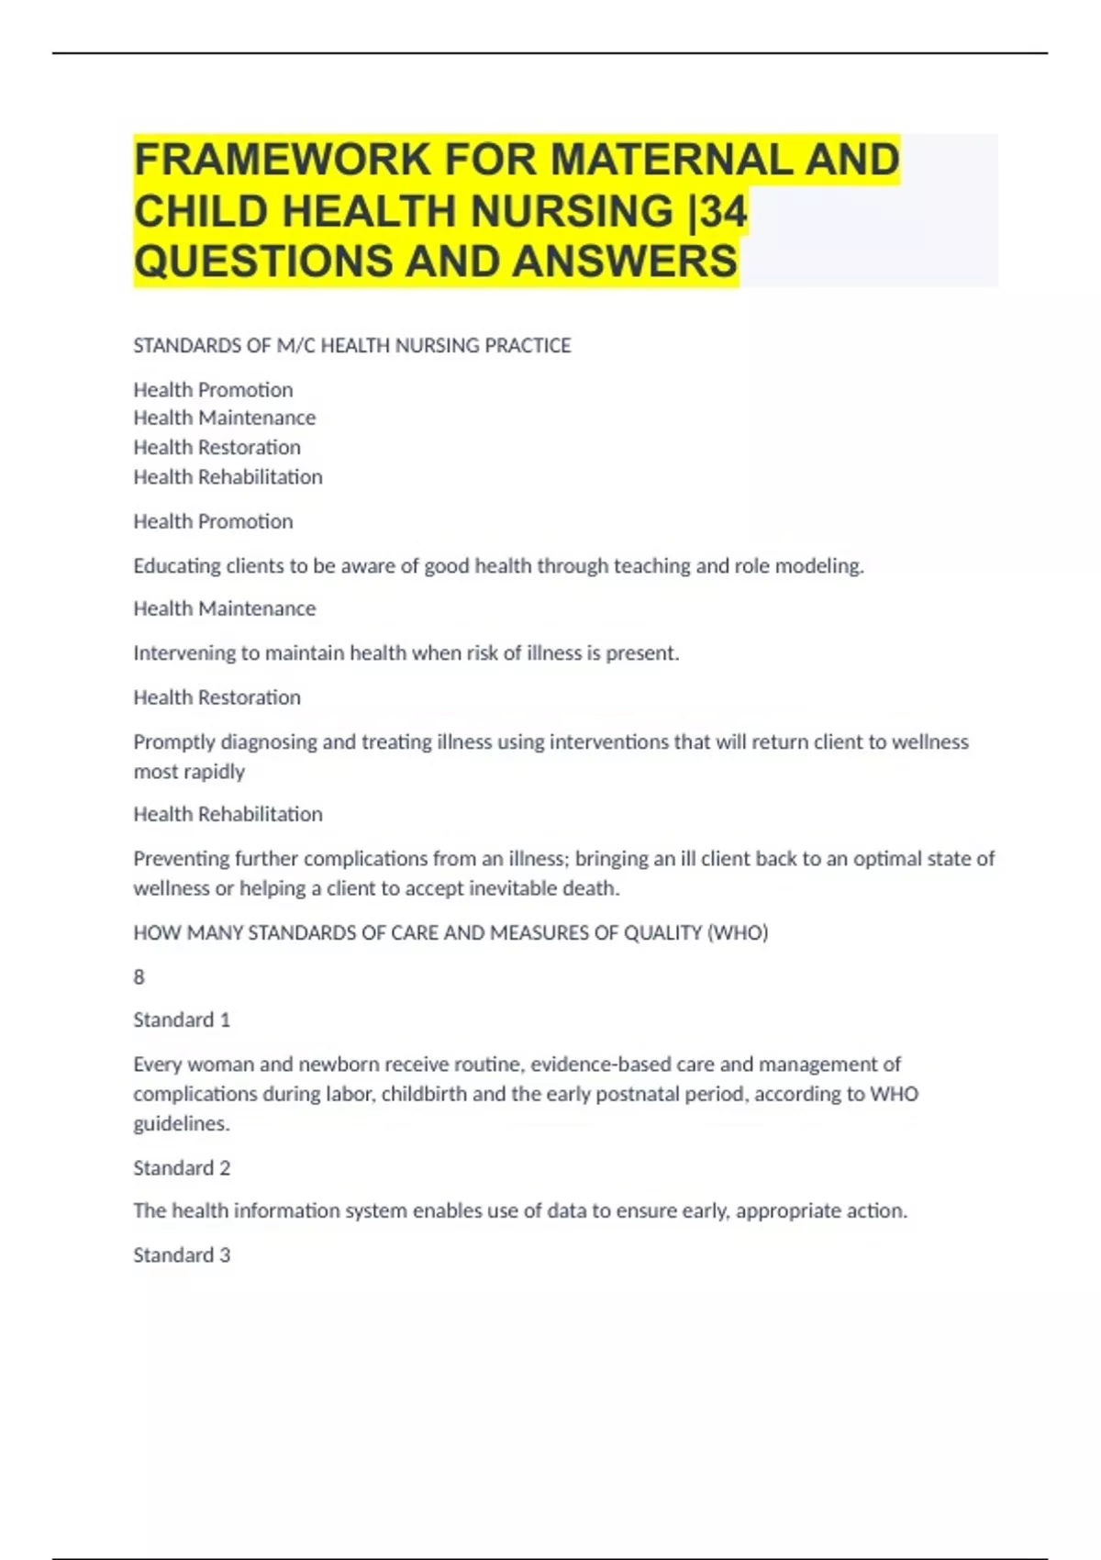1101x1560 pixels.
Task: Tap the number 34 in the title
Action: point(724,212)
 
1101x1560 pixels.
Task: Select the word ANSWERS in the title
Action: point(625,262)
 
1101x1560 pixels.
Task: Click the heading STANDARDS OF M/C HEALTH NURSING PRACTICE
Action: point(352,346)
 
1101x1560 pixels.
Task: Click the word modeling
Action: point(819,566)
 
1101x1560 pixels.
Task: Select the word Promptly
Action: point(174,742)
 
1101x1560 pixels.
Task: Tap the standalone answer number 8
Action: point(139,977)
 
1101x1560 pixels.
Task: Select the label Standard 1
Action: point(182,1020)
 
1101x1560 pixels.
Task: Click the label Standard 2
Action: point(182,1168)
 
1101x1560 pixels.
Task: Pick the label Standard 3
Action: point(182,1255)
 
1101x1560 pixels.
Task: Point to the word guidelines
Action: point(181,1124)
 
